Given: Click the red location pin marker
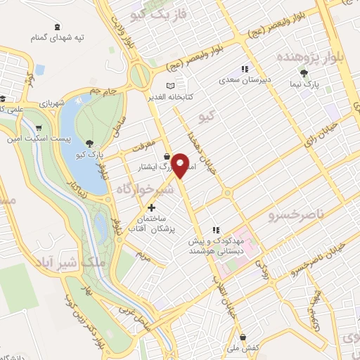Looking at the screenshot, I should pos(181,165).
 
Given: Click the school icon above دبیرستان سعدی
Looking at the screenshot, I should pos(244,69).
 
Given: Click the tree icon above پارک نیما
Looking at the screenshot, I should pos(304,72).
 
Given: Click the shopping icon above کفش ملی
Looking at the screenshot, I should pos(243,337).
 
